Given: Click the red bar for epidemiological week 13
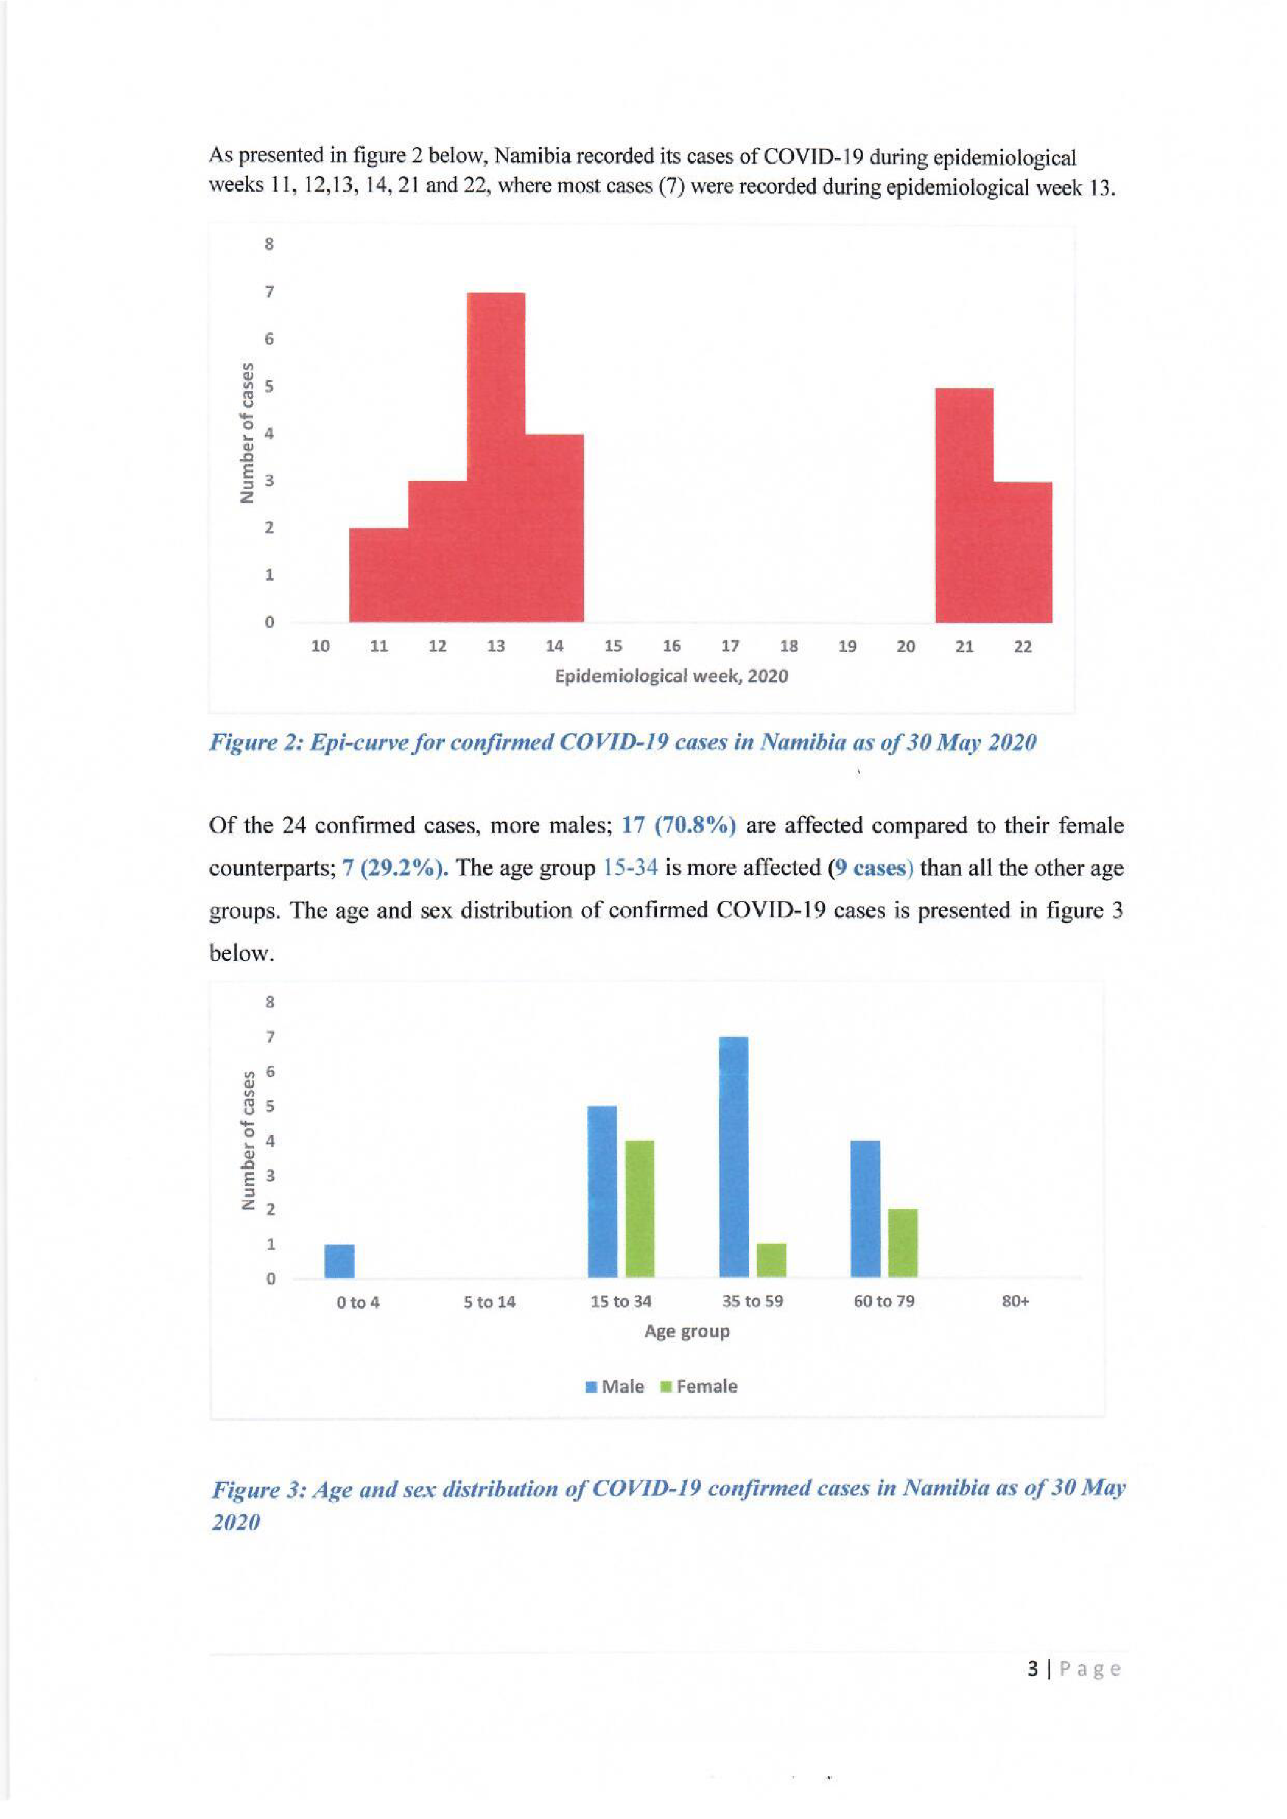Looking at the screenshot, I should point(496,457).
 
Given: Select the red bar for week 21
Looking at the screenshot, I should point(964,505).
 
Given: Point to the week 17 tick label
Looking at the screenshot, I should point(730,647).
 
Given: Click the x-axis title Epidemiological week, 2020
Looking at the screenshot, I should point(671,676).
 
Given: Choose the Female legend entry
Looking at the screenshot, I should point(699,1386).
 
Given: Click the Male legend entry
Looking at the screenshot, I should point(615,1386).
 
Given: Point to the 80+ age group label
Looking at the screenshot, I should point(1015,1302).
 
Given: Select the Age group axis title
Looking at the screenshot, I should point(686,1331).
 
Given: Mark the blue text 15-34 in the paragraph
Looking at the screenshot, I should point(630,868).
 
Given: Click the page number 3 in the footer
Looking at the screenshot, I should point(1032,1669).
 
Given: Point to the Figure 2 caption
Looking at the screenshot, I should point(622,742).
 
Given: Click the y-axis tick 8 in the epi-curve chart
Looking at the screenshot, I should point(270,245).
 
